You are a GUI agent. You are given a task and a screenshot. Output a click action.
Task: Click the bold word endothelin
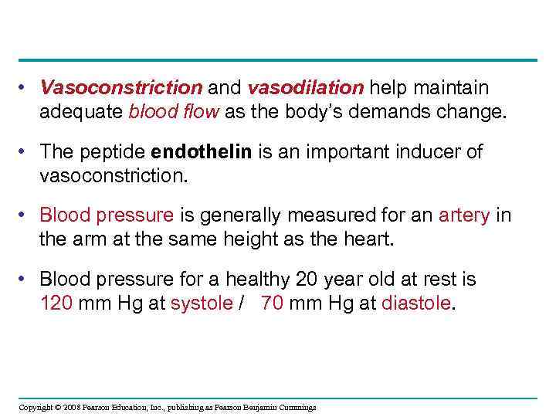coord(203,152)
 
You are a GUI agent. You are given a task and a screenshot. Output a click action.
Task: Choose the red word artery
coord(464,215)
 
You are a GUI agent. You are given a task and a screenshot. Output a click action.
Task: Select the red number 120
coord(56,303)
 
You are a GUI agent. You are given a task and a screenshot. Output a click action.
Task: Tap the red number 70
coord(272,303)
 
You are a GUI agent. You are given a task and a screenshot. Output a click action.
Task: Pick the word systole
coord(200,303)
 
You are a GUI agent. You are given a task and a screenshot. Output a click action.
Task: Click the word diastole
coord(416,303)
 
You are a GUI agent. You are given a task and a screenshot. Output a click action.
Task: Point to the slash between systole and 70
coord(242,303)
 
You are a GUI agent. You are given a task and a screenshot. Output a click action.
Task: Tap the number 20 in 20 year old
coord(308,279)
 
